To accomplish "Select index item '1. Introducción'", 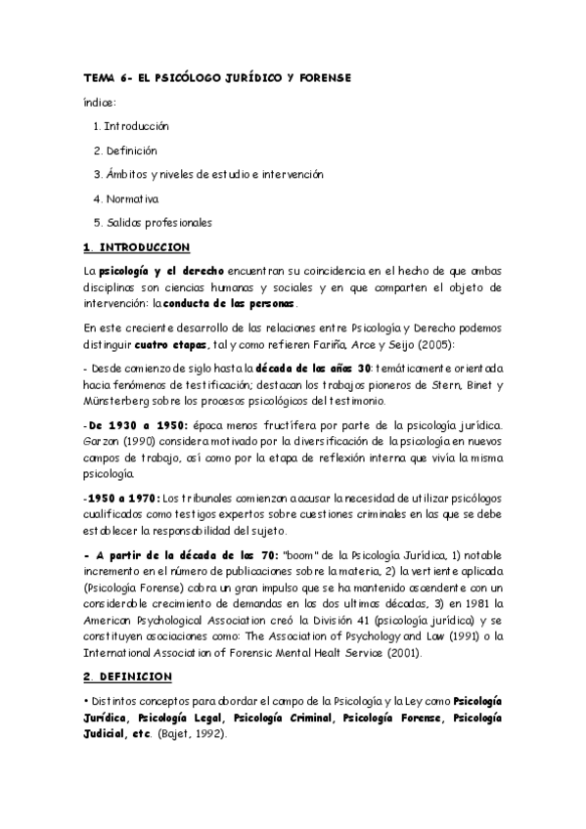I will pos(131,126).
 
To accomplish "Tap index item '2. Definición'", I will pos(124,151).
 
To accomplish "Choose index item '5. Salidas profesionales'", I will pos(152,221).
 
